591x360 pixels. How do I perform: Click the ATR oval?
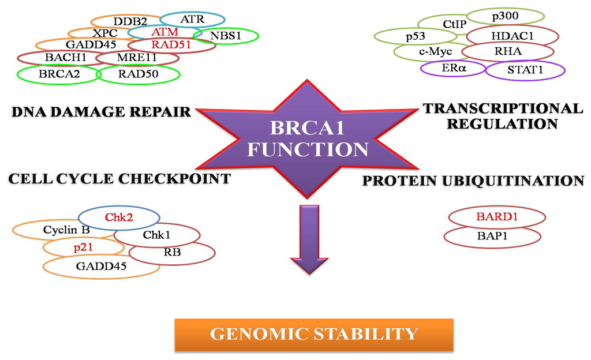pos(192,19)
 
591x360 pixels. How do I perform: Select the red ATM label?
pos(165,32)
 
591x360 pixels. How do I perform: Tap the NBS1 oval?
pos(226,36)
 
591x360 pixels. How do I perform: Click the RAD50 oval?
pos(138,74)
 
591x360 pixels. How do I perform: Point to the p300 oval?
pos(505,16)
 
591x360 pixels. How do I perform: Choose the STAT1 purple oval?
pos(525,70)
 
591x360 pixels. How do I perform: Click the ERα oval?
pos(454,68)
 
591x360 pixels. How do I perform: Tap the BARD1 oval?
pos(496,217)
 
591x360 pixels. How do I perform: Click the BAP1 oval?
pos(492,235)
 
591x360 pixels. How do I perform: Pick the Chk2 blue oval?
pos(118,217)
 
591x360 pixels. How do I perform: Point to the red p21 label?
pos(83,247)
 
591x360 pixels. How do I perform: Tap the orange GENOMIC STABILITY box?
pos(313,334)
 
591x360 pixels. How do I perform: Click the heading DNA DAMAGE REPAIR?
pos(101,111)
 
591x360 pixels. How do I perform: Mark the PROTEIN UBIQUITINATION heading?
pos(473,181)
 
